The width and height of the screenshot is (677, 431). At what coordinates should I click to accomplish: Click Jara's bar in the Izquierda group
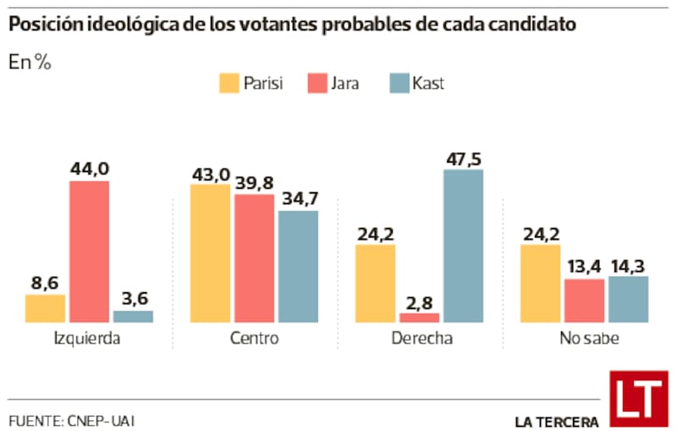(x=89, y=251)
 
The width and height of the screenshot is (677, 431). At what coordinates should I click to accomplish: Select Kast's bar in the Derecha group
(x=463, y=246)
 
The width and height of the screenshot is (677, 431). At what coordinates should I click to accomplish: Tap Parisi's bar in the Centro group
(x=210, y=253)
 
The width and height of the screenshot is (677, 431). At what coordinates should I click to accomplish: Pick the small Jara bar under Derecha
(x=420, y=318)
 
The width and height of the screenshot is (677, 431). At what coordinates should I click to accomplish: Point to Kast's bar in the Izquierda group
(x=133, y=316)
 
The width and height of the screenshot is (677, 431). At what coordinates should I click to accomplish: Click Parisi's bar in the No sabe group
(x=540, y=283)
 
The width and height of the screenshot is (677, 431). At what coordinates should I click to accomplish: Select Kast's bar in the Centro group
(x=298, y=266)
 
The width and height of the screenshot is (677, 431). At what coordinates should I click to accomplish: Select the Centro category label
(x=254, y=339)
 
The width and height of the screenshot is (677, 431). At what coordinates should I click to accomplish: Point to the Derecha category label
(x=420, y=339)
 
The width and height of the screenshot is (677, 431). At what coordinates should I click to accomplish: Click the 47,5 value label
(x=463, y=157)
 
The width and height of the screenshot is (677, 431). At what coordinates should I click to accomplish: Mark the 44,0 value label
(x=89, y=169)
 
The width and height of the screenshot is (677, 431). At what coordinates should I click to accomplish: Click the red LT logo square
(x=638, y=399)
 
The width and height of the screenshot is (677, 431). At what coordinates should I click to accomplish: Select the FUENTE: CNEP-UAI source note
(x=72, y=420)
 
